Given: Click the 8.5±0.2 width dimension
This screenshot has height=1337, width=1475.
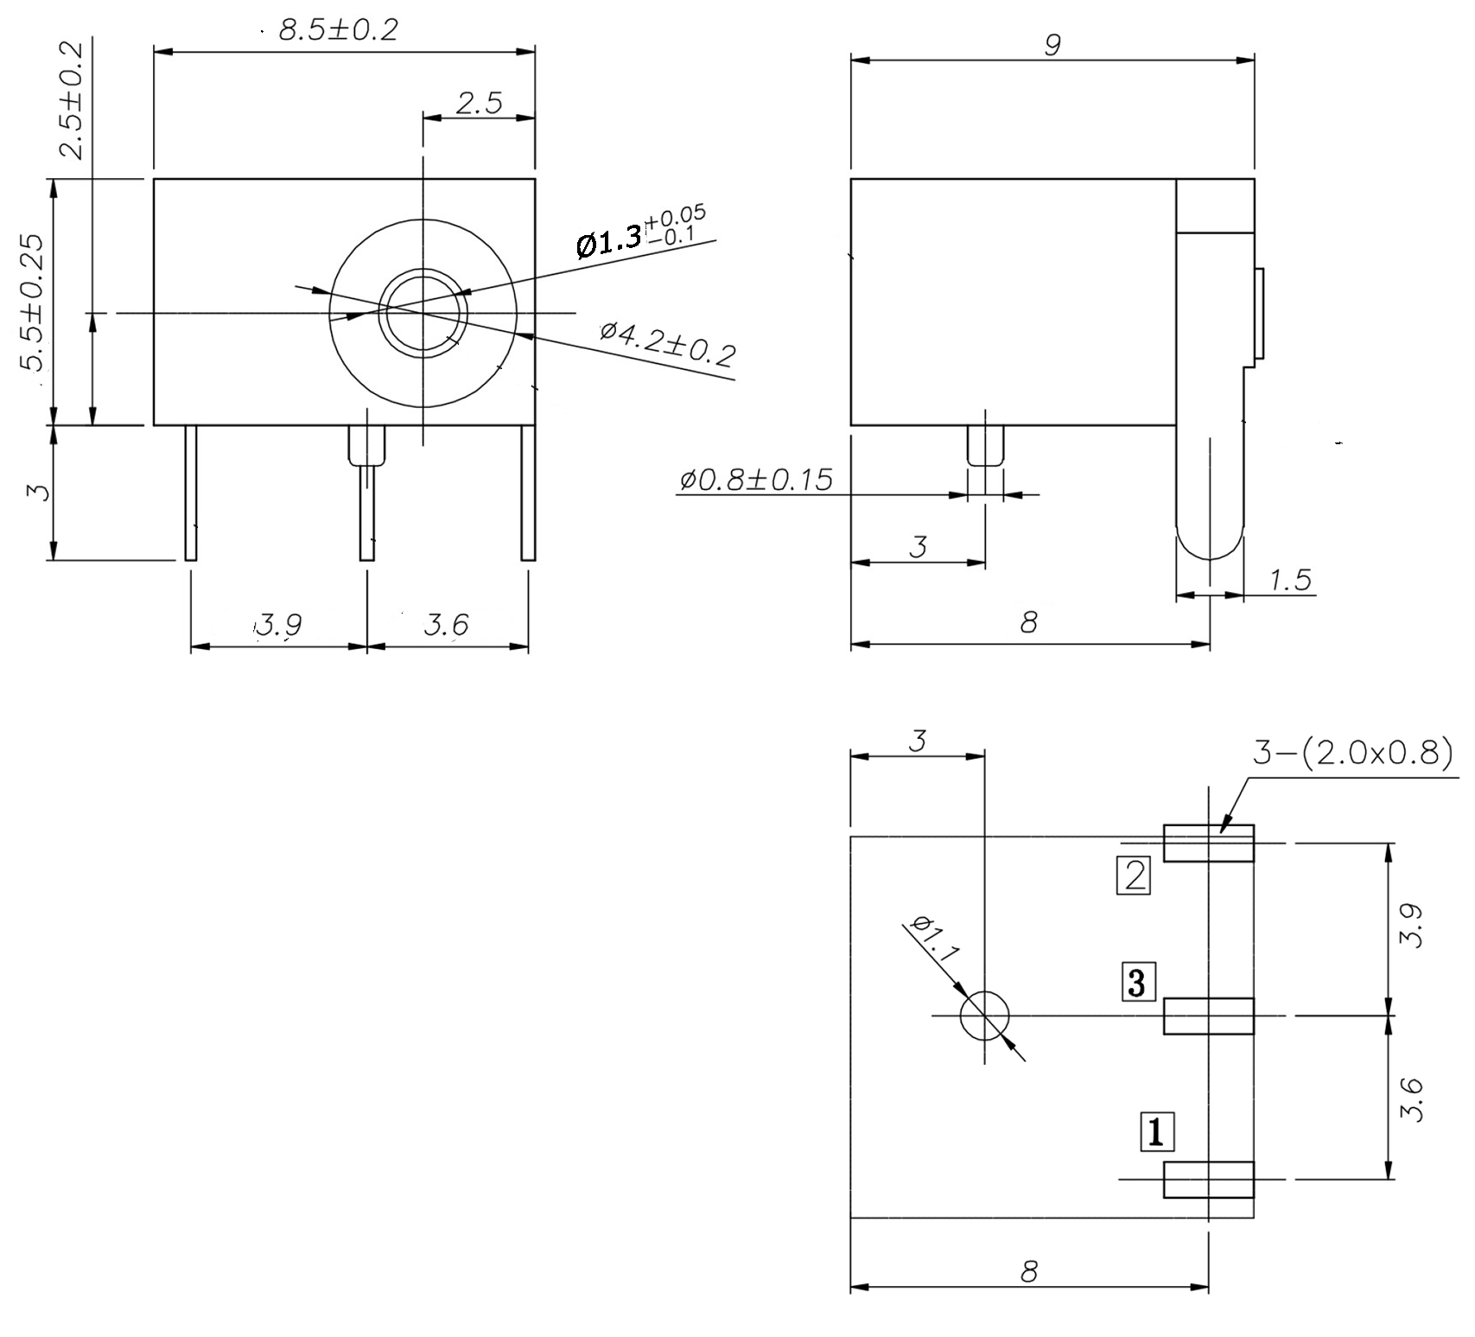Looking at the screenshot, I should [x=338, y=30].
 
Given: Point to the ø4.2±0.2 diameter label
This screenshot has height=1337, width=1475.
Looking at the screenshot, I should [x=669, y=342].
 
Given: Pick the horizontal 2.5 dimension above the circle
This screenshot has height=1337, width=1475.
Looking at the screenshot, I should [x=479, y=104].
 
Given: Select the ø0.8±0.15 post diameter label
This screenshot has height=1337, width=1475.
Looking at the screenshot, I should [x=755, y=479].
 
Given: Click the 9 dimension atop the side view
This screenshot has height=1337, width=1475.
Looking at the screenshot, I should [x=1052, y=45].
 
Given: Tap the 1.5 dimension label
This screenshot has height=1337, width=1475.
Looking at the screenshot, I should [x=1290, y=580].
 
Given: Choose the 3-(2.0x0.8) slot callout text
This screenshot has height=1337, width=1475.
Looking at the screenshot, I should [x=1352, y=754].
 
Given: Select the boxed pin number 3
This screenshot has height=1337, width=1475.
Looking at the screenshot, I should [x=1137, y=982].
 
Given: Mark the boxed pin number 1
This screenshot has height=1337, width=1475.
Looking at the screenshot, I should [x=1158, y=1132].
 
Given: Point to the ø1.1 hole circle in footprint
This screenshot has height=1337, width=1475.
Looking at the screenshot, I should [x=984, y=1015].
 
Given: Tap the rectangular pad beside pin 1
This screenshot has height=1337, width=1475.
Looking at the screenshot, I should [x=1207, y=1180].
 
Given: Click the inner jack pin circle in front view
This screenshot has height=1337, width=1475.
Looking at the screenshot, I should [x=423, y=313].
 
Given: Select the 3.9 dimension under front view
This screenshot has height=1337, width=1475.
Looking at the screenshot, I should [x=278, y=624].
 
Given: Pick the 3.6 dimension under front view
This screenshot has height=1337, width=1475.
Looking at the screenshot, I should [x=446, y=624].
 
